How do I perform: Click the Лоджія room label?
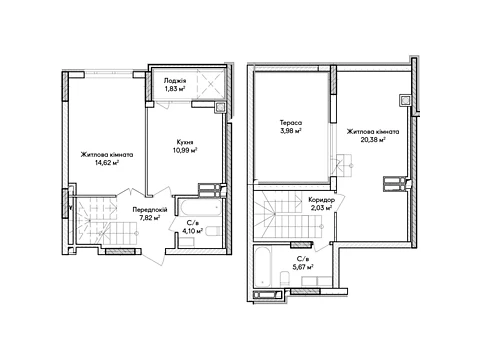point(175,81)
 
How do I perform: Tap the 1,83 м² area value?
point(174,89)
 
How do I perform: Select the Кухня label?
point(185,142)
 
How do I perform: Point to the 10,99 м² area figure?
point(185,150)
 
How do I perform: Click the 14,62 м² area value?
point(107,163)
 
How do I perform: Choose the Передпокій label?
point(150,210)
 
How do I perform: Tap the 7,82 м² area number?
point(150,218)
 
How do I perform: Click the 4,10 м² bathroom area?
point(192,230)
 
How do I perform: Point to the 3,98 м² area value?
point(291,131)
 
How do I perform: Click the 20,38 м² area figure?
point(373,140)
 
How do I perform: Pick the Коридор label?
point(321,200)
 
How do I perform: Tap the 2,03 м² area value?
point(321,208)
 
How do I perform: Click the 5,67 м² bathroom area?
point(302,267)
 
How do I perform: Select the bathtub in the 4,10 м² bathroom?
point(200,207)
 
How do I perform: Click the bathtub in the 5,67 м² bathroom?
point(263,266)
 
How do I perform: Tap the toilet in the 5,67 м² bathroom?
point(285,279)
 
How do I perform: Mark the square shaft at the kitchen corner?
point(220,107)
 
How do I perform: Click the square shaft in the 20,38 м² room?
point(405,100)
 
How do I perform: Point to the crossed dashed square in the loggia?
point(211,85)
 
